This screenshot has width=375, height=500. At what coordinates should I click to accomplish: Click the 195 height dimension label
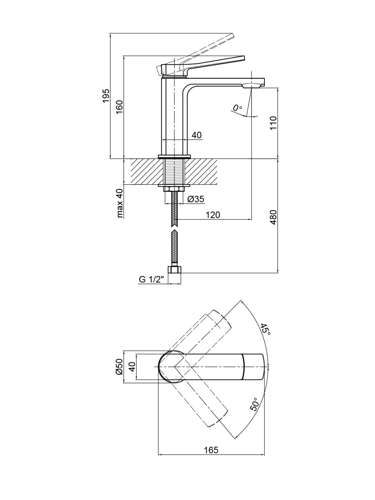tap(106, 96)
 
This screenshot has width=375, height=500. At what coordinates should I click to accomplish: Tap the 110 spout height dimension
tap(273, 123)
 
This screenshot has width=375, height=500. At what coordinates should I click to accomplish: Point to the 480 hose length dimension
tap(273, 217)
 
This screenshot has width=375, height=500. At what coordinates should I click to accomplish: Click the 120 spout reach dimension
tap(213, 215)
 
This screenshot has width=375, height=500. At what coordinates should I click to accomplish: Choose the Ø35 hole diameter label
tap(196, 199)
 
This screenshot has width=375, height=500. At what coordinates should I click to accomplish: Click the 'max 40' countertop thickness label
tap(119, 203)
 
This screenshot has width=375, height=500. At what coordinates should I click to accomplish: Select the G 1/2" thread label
tap(152, 279)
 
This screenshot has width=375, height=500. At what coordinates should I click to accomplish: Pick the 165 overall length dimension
tap(211, 450)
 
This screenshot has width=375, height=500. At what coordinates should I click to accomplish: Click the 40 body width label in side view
tap(197, 135)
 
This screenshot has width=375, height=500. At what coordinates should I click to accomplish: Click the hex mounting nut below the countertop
tap(174, 189)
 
